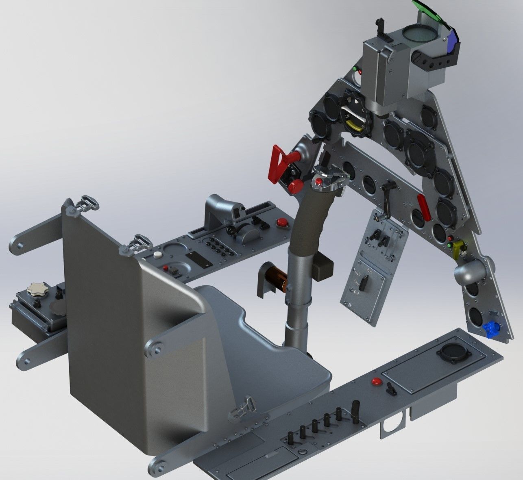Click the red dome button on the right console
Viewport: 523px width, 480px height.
coord(377,381)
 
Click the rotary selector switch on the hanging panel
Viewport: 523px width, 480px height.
coord(365,280)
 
